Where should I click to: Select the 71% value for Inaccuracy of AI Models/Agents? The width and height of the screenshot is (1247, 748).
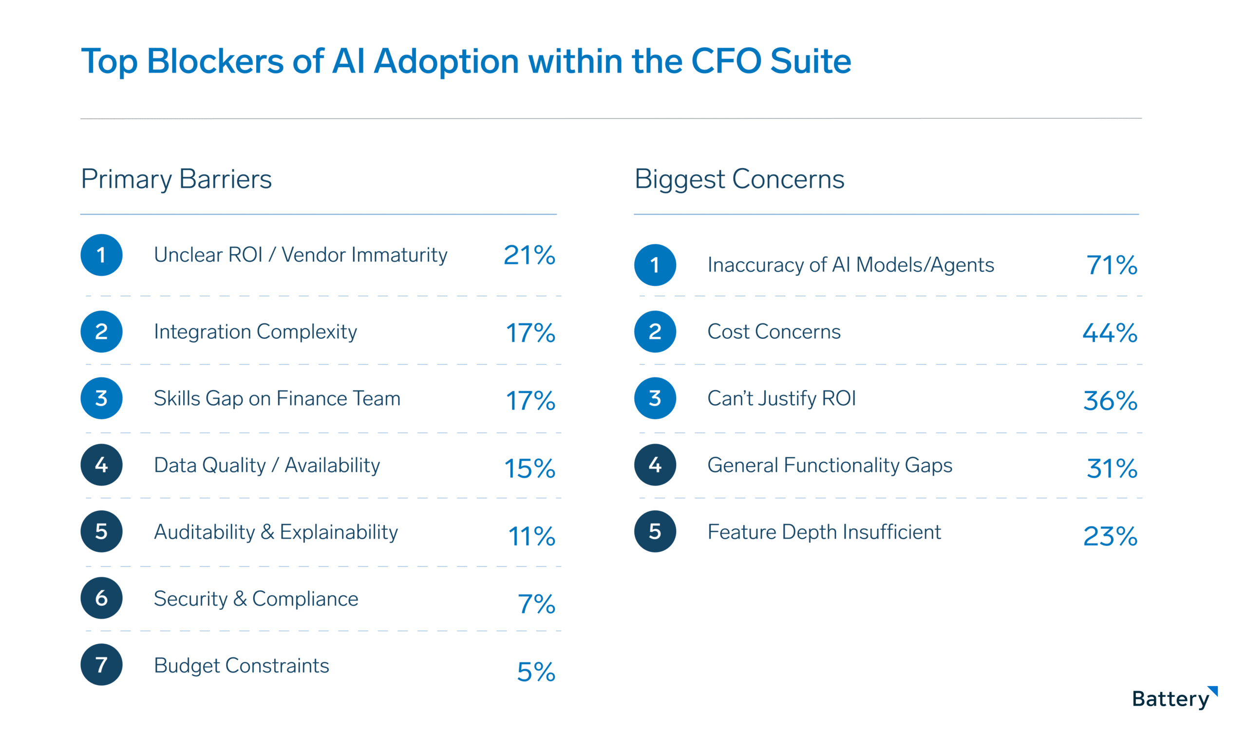pos(1112,265)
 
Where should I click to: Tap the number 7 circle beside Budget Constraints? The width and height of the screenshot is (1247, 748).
pos(101,664)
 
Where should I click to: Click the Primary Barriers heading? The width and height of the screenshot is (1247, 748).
pos(176,179)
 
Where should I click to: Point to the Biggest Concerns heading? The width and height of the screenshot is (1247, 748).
pos(739,179)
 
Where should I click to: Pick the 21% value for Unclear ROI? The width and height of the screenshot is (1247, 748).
pos(529,255)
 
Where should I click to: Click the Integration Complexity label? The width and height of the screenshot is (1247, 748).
pos(255,332)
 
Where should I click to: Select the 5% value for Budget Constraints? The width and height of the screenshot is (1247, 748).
pos(536,672)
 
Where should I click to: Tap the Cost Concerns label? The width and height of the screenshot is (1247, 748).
pos(774,332)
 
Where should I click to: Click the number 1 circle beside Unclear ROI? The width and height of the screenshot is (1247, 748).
pos(101,255)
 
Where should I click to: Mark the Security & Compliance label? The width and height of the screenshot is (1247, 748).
pos(256,599)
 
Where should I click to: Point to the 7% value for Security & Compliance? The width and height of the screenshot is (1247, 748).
pos(536,604)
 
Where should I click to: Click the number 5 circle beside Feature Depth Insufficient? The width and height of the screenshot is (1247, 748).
pos(655,531)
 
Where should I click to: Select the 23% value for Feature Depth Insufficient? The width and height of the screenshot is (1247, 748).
pos(1110,536)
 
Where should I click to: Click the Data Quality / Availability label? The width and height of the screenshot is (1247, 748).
pos(266,465)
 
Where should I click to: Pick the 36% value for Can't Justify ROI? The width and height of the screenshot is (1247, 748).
pos(1110,401)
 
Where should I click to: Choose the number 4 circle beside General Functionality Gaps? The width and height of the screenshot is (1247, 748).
pos(655,465)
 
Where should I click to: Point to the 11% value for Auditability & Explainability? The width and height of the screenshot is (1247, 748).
pos(531,536)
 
